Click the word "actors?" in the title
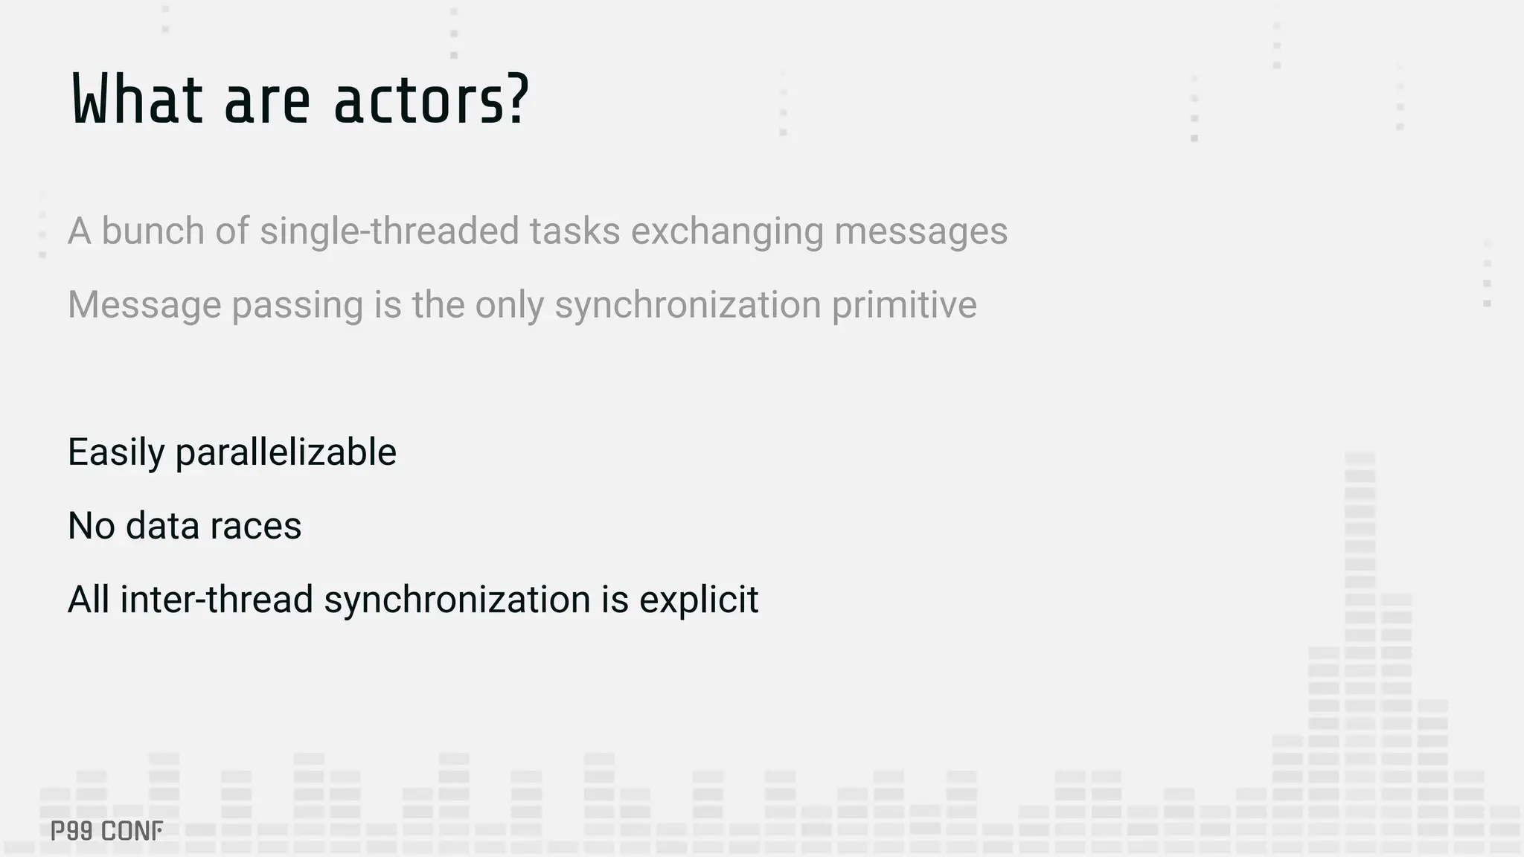pos(432,100)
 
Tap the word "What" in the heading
pos(138,100)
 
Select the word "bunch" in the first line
pos(153,231)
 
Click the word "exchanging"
pos(727,231)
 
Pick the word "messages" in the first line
pos(921,231)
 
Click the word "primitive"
pos(904,304)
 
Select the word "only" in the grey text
pos(510,304)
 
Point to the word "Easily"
pos(117,452)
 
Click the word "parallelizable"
pos(286,452)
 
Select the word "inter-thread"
pos(217,600)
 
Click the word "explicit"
pos(699,600)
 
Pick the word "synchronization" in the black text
pos(457,600)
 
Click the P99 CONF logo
pos(106,831)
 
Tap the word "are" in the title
pos(267,100)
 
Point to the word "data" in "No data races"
pos(163,526)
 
